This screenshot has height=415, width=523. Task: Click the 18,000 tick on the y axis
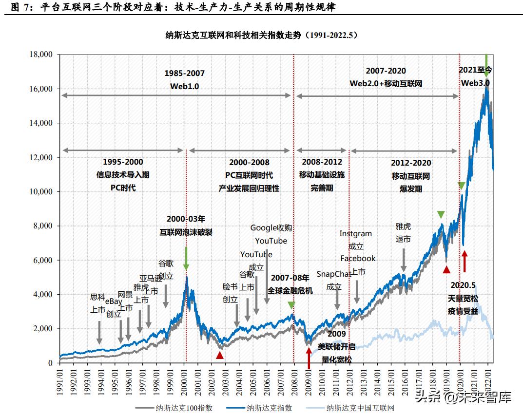(40, 55)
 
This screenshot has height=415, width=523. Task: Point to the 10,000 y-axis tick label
(40, 192)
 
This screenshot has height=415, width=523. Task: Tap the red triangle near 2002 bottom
(220, 355)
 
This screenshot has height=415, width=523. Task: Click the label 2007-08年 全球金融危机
(290, 284)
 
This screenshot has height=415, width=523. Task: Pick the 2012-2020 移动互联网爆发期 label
(411, 175)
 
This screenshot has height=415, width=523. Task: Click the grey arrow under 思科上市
(99, 332)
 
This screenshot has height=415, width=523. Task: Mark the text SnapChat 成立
(334, 281)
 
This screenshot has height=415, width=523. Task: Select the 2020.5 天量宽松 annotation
(463, 298)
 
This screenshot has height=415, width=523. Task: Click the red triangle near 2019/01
(446, 269)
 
